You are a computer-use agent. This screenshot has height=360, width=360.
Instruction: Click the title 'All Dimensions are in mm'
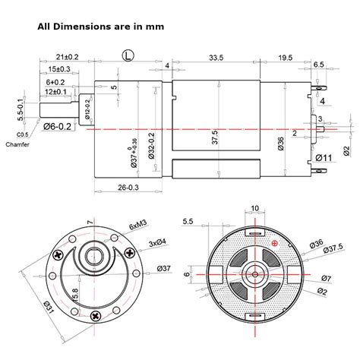[100, 25]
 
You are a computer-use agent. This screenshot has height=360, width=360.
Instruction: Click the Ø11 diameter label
[325, 158]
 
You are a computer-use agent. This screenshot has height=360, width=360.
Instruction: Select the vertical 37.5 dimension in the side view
[215, 137]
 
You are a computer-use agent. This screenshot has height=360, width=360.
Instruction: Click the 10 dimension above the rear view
[254, 207]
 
